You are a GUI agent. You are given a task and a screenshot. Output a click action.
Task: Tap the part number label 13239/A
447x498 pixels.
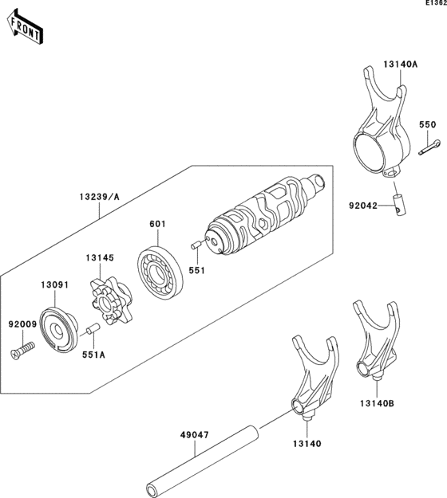click(x=100, y=196)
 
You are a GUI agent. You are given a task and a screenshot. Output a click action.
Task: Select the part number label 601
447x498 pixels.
click(x=156, y=225)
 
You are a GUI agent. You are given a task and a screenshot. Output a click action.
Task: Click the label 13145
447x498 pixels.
click(x=101, y=257)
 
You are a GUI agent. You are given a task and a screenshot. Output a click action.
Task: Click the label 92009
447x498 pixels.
click(x=22, y=325)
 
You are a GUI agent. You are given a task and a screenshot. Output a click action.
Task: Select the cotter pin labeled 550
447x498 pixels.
click(x=429, y=146)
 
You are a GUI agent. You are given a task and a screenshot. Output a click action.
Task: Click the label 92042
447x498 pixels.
click(x=362, y=204)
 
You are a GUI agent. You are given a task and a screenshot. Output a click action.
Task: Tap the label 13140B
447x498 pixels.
click(x=376, y=404)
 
